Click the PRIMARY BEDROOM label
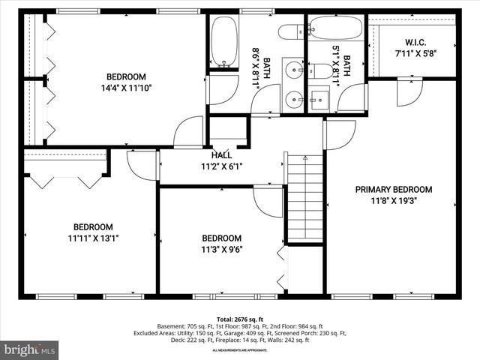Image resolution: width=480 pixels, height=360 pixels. pos(394,190)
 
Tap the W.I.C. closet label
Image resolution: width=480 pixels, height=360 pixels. pos(415,42)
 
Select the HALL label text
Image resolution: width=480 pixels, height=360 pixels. pos(221,154)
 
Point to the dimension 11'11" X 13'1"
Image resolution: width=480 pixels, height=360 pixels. pos(93,238)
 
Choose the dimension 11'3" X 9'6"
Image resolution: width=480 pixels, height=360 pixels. pos(221,250)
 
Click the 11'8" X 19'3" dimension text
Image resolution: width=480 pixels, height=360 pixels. pos(394,201)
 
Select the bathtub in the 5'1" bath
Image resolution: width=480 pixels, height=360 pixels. pos(335,28)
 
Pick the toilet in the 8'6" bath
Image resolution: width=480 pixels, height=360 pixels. pos(289,31)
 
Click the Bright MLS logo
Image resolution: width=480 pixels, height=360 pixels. pos(30,349)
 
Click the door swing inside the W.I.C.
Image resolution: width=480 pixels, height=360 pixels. pos(409,91)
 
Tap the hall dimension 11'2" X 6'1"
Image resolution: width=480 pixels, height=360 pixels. pos(221,166)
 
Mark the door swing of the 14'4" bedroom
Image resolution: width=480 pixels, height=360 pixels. pos(190,131)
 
